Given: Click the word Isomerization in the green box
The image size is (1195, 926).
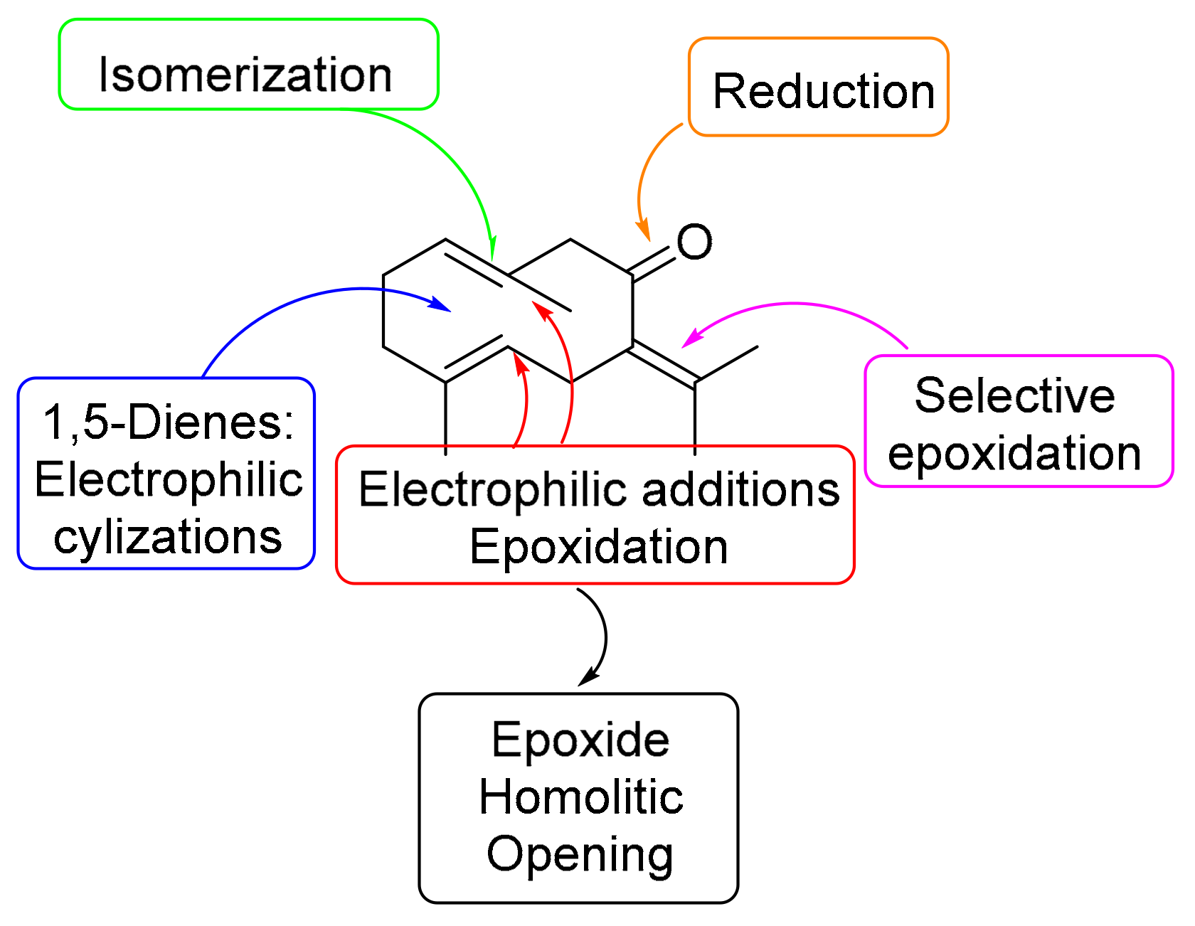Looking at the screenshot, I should tap(245, 75).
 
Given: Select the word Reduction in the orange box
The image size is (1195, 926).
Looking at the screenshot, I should tap(824, 92).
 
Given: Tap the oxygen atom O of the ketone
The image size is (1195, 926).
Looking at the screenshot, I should tap(694, 242).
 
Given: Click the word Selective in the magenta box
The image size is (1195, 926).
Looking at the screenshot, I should tap(1014, 395).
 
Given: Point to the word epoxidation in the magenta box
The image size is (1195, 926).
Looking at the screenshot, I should tap(1014, 454).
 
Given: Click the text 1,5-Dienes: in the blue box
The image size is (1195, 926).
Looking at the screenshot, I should tap(169, 422).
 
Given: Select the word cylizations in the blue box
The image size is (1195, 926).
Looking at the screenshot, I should tap(168, 536).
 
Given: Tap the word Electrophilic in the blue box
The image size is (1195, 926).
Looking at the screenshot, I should tap(169, 479).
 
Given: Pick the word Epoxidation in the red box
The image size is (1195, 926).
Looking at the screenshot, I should tap(598, 547).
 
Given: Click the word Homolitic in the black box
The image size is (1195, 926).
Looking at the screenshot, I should tap(580, 797).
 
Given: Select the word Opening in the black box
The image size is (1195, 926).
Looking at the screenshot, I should tap(580, 854).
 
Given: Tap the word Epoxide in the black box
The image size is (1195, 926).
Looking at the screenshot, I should tap(580, 740).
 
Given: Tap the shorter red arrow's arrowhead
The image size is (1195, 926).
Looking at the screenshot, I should tap(520, 362).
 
